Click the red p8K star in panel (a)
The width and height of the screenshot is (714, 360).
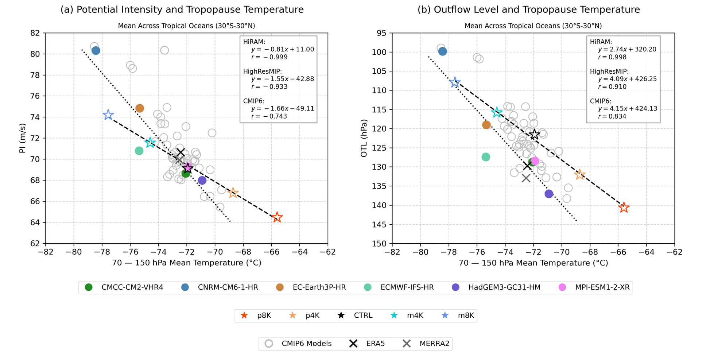[277, 217]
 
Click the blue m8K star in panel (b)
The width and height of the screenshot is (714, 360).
[454, 82]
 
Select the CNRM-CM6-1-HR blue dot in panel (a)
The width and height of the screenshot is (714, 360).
[96, 51]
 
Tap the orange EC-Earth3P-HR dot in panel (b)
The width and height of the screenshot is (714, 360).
[486, 125]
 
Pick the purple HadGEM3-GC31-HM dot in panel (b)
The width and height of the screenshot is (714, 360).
[549, 194]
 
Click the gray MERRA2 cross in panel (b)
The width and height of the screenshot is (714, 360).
[526, 178]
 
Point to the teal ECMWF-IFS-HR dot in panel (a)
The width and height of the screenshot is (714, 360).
[139, 151]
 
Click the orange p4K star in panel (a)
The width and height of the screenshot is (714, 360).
[233, 193]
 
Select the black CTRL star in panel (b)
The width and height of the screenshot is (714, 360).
[534, 135]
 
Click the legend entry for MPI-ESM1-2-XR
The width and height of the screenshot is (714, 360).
[602, 287]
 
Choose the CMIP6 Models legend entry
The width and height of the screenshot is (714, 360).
[306, 344]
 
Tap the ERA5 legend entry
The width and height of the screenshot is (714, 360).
[375, 344]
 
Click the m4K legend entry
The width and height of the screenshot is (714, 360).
[415, 316]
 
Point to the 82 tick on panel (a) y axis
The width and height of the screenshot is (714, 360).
[35, 33]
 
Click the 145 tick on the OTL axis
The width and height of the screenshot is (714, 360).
[380, 224]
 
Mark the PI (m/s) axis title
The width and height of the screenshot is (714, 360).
[23, 138]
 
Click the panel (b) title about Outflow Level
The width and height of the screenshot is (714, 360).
[528, 9]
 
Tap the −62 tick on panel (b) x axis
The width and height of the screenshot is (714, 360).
[674, 252]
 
